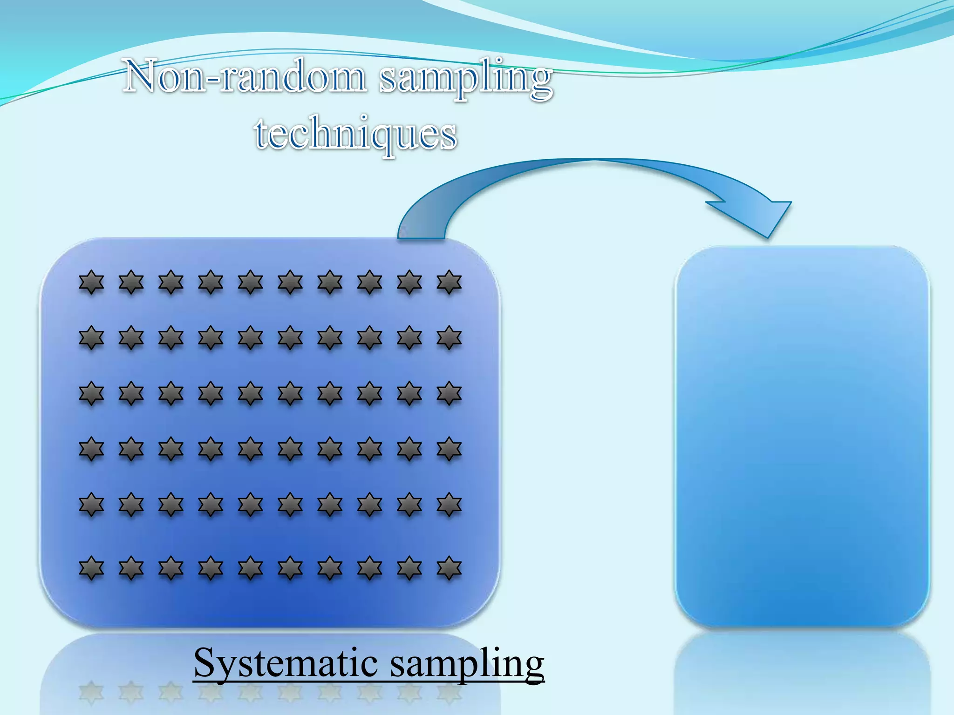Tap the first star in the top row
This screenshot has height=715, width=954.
pyautogui.click(x=91, y=282)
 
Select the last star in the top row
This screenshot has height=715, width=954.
pyautogui.click(x=449, y=282)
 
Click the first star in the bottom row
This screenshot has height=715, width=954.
pyautogui.click(x=91, y=568)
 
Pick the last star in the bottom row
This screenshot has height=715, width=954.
pyautogui.click(x=449, y=568)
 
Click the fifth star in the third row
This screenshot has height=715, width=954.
pyautogui.click(x=251, y=393)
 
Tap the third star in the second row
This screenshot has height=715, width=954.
pyautogui.click(x=171, y=338)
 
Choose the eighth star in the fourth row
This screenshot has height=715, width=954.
pyautogui.click(x=370, y=449)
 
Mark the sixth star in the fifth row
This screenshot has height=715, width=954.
pyautogui.click(x=290, y=505)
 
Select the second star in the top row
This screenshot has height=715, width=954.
pyautogui.click(x=131, y=282)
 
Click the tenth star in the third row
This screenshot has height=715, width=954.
pyautogui.click(x=449, y=393)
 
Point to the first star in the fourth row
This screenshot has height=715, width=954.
pyautogui.click(x=91, y=449)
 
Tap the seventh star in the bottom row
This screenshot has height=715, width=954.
pyautogui.click(x=330, y=568)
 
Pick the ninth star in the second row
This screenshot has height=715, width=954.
pyautogui.click(x=409, y=338)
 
